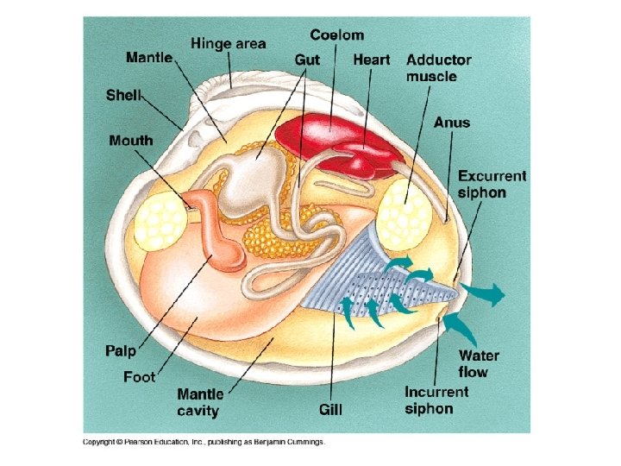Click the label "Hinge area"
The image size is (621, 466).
pyautogui.click(x=229, y=42)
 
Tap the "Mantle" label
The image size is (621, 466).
pyautogui.click(x=149, y=58)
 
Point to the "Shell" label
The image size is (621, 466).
pyautogui.click(x=123, y=94)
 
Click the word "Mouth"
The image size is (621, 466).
pyautogui.click(x=131, y=140)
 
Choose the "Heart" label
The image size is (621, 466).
pyautogui.click(x=371, y=60)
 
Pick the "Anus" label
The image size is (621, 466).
pyautogui.click(x=452, y=123)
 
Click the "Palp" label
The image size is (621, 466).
pyautogui.click(x=121, y=350)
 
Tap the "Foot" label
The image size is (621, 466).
pyautogui.click(x=139, y=376)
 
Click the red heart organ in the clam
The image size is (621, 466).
pyautogui.click(x=345, y=142)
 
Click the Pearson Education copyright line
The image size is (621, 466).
pyautogui.click(x=204, y=442)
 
